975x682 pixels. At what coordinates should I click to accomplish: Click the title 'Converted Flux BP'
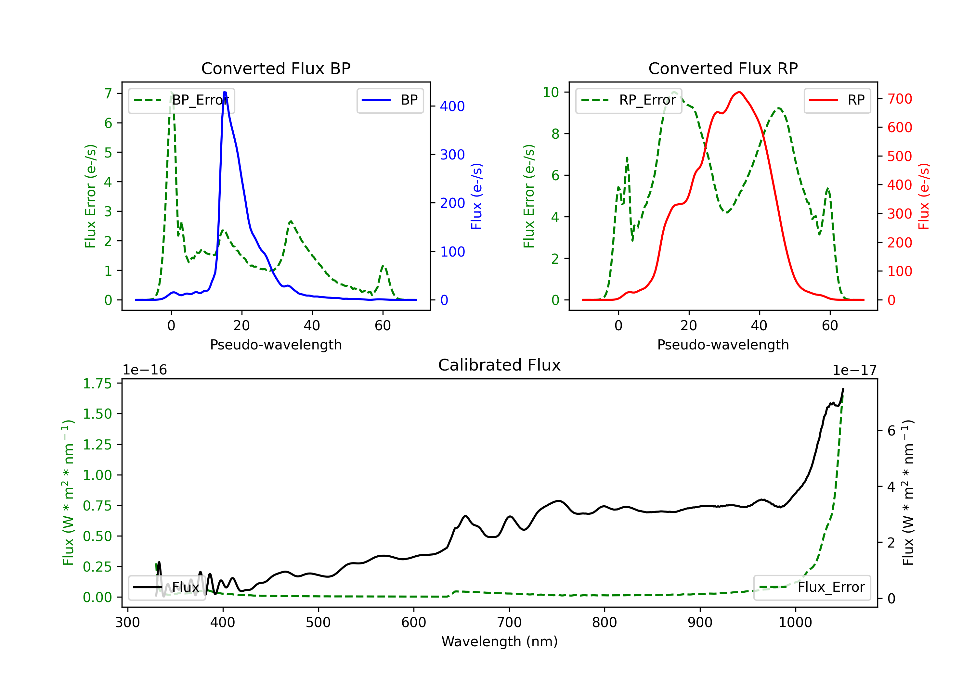[x=276, y=68]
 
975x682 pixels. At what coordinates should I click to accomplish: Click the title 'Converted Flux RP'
[x=723, y=68]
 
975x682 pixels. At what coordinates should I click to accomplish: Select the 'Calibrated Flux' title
[x=500, y=365]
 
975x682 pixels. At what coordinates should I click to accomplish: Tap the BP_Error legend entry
[x=181, y=100]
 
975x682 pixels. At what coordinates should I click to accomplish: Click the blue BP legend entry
[x=390, y=100]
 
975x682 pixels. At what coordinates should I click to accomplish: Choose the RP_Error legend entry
[x=629, y=100]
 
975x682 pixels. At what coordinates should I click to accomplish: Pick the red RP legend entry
[x=837, y=100]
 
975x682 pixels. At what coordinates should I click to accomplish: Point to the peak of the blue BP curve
[x=225, y=92]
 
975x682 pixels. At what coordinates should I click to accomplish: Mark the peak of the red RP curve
[x=739, y=92]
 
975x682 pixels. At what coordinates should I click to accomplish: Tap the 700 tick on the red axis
[x=899, y=99]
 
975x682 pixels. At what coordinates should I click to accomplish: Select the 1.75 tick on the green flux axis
[x=97, y=384]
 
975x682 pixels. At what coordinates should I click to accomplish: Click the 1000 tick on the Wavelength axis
[x=795, y=622]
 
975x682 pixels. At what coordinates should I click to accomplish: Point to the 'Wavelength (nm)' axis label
[x=500, y=641]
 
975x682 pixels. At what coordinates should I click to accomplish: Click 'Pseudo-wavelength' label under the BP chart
[x=276, y=345]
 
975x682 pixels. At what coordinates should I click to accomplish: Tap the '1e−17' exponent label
[x=854, y=370]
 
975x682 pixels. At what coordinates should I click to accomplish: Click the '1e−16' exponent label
[x=145, y=370]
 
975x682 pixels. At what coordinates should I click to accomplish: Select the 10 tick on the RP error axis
[x=551, y=92]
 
